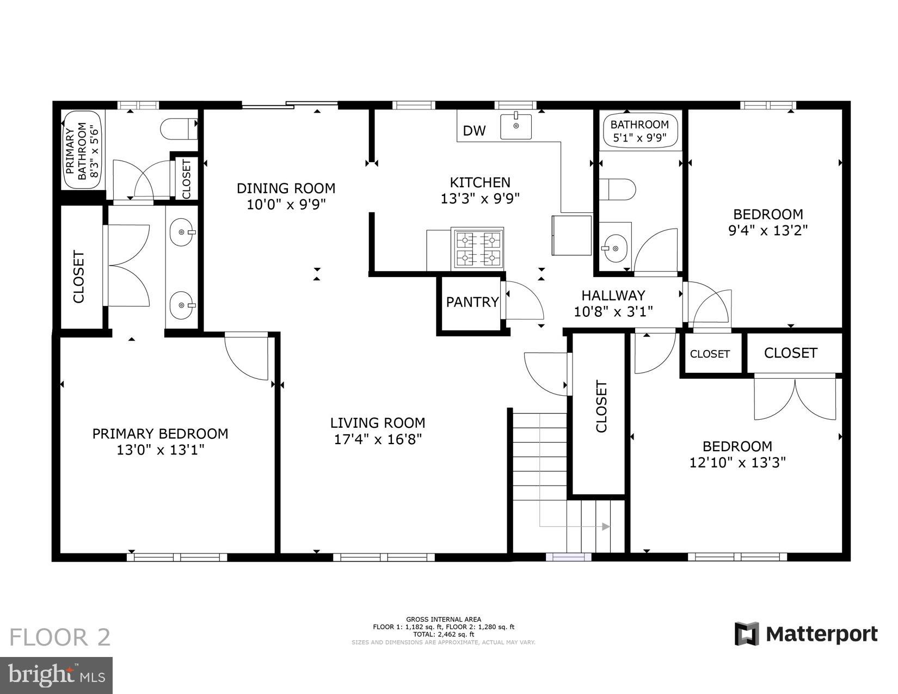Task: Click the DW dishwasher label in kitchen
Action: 473,131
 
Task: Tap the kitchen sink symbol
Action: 515,125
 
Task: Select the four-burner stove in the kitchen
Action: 478,248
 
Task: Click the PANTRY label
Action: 472,302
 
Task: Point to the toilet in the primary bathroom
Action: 178,129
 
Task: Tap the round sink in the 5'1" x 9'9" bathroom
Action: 615,249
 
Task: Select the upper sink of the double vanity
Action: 182,233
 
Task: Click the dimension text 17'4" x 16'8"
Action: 378,439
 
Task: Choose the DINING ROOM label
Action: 286,188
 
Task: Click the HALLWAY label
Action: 613,296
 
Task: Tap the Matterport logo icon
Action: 747,634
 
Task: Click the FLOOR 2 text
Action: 60,637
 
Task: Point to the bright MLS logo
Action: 57,675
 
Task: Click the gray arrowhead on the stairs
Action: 605,526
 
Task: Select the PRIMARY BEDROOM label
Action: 160,434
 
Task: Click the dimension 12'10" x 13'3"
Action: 737,463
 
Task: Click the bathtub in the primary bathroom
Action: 83,150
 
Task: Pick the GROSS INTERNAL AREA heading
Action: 443,619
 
